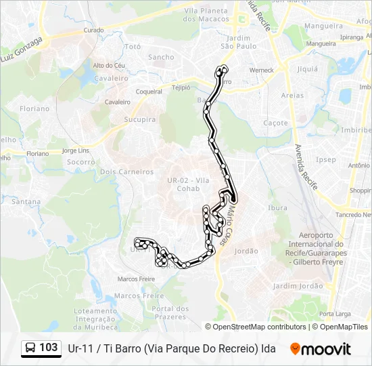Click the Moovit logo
(x=321, y=349)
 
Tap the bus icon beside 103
(x=30, y=348)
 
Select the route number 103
(x=48, y=348)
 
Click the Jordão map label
(x=246, y=251)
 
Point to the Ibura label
(x=278, y=207)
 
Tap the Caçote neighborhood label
(x=275, y=123)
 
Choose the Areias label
(x=292, y=96)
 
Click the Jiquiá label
(x=307, y=68)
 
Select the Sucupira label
(x=140, y=119)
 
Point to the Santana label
(x=26, y=201)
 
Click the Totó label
(x=133, y=47)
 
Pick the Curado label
(x=93, y=30)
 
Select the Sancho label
(x=161, y=58)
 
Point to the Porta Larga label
(x=335, y=314)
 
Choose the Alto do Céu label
(x=109, y=65)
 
